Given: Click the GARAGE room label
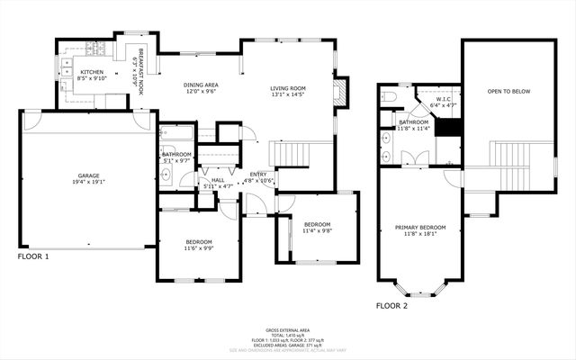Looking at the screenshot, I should (x=88, y=175).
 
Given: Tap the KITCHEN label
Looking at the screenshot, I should (x=92, y=72).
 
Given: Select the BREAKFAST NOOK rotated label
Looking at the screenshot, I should (x=139, y=71).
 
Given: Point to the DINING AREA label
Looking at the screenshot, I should (x=202, y=85).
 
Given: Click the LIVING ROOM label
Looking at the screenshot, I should (x=289, y=88).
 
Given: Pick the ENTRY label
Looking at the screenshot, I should (x=258, y=174).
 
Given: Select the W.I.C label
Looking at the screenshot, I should (x=445, y=100).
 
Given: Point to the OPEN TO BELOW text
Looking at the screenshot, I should (x=506, y=92).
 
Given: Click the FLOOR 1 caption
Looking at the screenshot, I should (x=33, y=256).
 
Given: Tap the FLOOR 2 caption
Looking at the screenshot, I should (x=391, y=306).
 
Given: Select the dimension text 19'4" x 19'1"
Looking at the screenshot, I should (x=88, y=182).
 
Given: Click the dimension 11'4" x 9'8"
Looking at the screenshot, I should (x=317, y=230).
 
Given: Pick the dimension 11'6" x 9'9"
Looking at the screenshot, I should (x=199, y=248).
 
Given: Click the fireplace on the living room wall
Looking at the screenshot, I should (x=337, y=93).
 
